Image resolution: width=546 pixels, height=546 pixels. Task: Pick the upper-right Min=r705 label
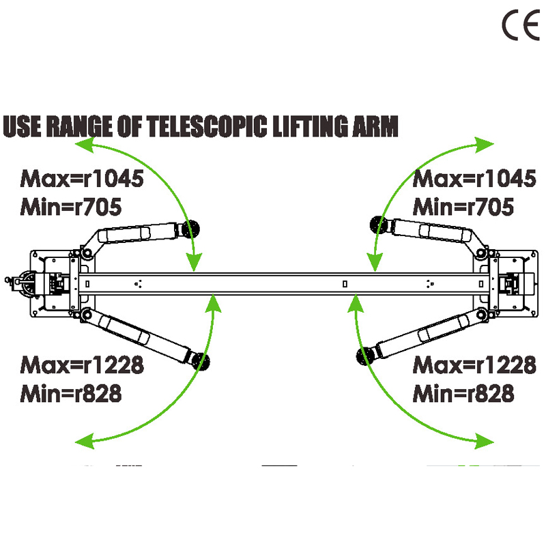click(x=463, y=205)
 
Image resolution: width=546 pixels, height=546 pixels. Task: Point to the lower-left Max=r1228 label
click(x=83, y=365)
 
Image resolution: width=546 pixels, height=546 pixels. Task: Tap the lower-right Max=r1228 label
click(x=474, y=365)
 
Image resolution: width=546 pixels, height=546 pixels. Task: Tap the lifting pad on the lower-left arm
click(x=201, y=362)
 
